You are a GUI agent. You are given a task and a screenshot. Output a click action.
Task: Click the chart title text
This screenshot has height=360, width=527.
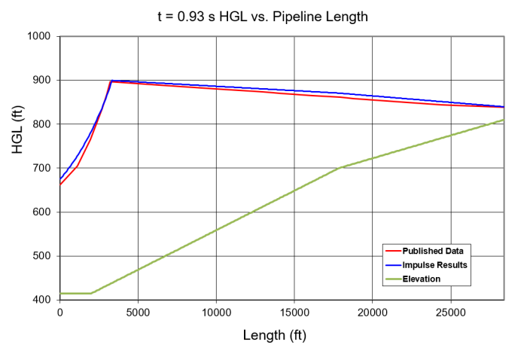click(x=263, y=16)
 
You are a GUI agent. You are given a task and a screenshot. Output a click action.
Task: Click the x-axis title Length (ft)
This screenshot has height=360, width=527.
click(x=274, y=335)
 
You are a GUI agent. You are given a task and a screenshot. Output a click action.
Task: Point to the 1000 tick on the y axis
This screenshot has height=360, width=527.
click(x=39, y=36)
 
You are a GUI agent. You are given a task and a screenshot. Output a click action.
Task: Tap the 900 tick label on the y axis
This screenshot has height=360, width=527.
click(x=41, y=80)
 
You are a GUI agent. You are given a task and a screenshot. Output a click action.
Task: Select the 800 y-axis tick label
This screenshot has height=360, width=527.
click(x=41, y=124)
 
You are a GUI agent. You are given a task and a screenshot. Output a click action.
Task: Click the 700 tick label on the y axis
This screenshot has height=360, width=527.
click(x=41, y=168)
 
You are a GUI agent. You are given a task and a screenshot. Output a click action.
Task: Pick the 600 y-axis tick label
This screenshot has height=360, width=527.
click(x=41, y=212)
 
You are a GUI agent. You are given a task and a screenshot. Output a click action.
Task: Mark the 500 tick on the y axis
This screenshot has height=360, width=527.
click(x=41, y=256)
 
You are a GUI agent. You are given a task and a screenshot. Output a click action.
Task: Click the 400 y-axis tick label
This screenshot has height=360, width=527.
click(x=41, y=300)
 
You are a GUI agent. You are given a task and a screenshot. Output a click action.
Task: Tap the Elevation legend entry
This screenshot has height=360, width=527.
click(x=422, y=279)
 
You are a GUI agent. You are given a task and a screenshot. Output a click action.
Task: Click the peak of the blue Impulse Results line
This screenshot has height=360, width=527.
click(x=111, y=81)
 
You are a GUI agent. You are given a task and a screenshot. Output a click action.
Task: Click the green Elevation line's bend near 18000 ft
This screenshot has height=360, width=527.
click(x=341, y=167)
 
